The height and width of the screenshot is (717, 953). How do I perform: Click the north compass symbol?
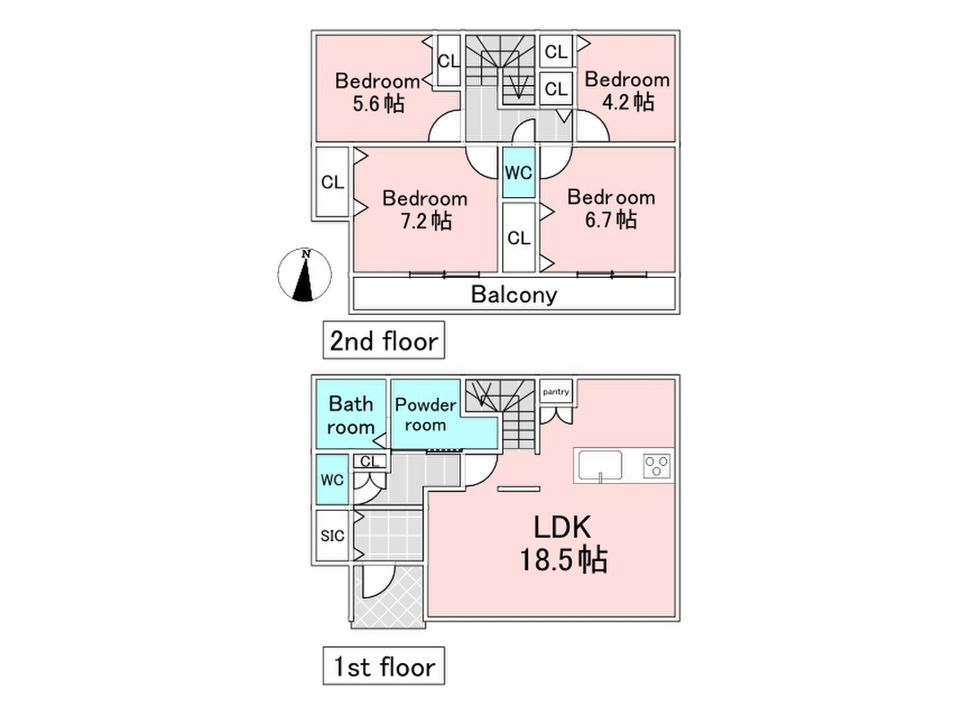tap(306, 275)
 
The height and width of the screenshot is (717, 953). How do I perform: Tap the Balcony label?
tap(514, 294)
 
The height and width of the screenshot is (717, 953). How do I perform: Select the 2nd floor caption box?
tap(384, 341)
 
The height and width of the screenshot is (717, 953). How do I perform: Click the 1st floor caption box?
tap(384, 667)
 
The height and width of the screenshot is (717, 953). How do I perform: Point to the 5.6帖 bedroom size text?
tap(377, 104)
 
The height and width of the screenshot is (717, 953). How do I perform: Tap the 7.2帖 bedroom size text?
tap(425, 220)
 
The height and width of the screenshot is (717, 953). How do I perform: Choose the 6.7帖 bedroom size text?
tap(611, 220)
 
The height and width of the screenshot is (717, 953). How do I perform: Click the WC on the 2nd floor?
tap(518, 174)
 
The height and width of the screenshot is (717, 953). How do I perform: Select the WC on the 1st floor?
tap(332, 480)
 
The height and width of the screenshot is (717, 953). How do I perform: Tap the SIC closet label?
tap(332, 536)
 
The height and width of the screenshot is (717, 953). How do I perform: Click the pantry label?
tap(556, 392)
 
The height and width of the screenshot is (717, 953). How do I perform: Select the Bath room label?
tap(351, 415)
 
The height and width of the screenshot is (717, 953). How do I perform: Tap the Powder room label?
tap(425, 414)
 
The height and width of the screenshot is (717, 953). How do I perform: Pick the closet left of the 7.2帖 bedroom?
tap(333, 183)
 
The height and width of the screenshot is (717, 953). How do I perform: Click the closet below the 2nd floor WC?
tap(518, 238)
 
